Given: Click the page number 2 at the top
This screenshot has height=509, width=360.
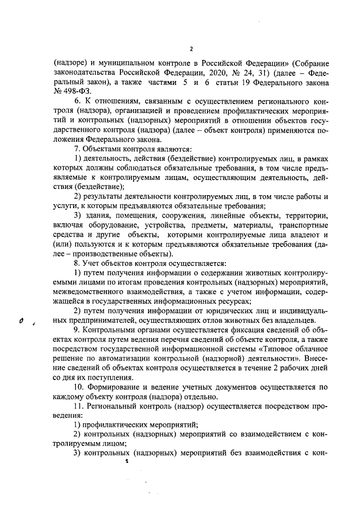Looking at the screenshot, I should tap(191, 48).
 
